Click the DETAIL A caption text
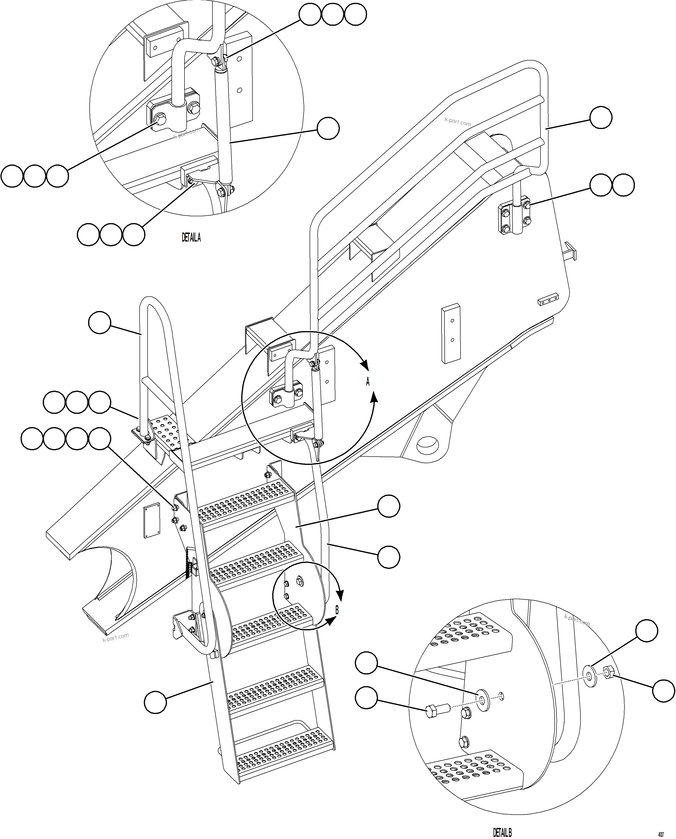[191, 237]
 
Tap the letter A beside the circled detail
[368, 382]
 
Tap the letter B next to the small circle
[337, 610]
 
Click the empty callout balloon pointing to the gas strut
[328, 129]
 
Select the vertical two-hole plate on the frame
[451, 333]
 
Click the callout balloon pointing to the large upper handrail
[601, 117]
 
